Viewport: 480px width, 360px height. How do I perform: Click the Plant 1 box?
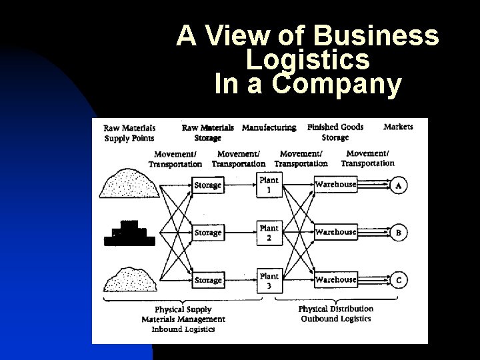[269, 185]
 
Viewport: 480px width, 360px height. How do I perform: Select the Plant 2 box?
[269, 232]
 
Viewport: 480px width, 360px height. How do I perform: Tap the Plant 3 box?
[269, 281]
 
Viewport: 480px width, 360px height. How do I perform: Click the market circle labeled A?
[399, 185]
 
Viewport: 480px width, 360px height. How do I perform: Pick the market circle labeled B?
[399, 233]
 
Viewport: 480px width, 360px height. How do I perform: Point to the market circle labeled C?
[399, 281]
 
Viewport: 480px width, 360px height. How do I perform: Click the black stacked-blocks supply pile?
[130, 233]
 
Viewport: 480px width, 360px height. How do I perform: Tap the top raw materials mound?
[130, 183]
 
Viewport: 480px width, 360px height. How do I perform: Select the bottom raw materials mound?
[130, 279]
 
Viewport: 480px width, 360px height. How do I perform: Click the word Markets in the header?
[398, 127]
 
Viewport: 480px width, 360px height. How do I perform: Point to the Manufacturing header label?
[269, 127]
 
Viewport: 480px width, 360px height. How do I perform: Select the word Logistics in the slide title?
[307, 60]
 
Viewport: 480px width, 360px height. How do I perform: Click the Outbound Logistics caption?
[336, 319]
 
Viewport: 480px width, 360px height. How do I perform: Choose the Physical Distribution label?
[336, 309]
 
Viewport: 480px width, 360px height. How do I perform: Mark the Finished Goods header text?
[335, 127]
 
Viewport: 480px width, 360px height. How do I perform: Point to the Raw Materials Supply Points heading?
[129, 133]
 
